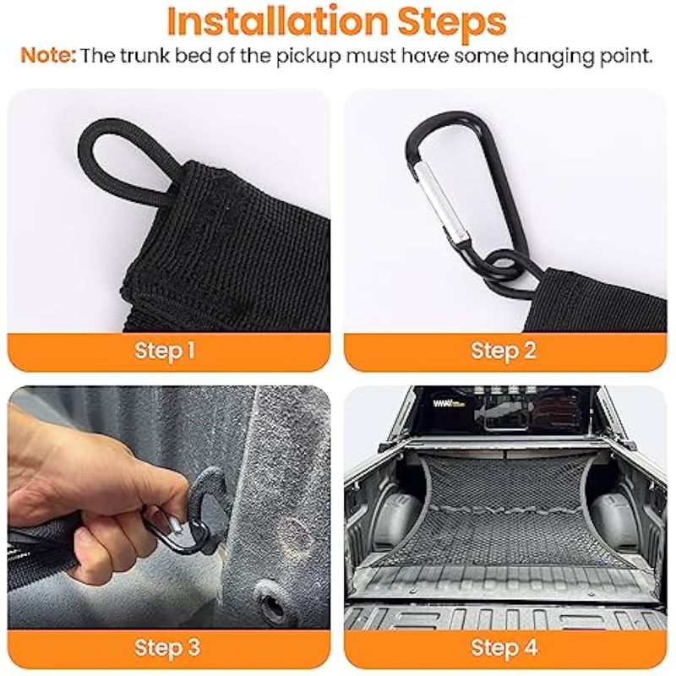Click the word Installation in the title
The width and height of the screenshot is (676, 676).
tap(278, 22)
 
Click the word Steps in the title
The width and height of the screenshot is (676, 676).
tap(452, 24)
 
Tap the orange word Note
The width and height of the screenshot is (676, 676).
tap(48, 56)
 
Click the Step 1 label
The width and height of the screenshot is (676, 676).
tap(165, 351)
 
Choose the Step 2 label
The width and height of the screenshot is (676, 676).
tap(503, 351)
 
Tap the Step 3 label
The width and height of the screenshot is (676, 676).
tap(167, 647)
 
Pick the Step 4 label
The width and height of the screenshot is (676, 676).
tap(504, 647)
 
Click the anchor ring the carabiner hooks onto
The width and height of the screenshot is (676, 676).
tap(203, 496)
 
